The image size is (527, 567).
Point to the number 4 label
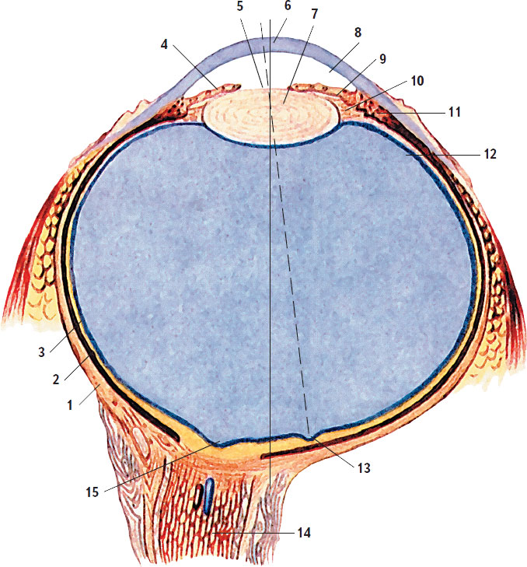click(164, 44)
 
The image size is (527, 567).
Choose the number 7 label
click(315, 15)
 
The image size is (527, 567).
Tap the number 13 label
click(363, 469)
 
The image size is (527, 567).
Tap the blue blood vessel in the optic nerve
click(208, 495)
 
